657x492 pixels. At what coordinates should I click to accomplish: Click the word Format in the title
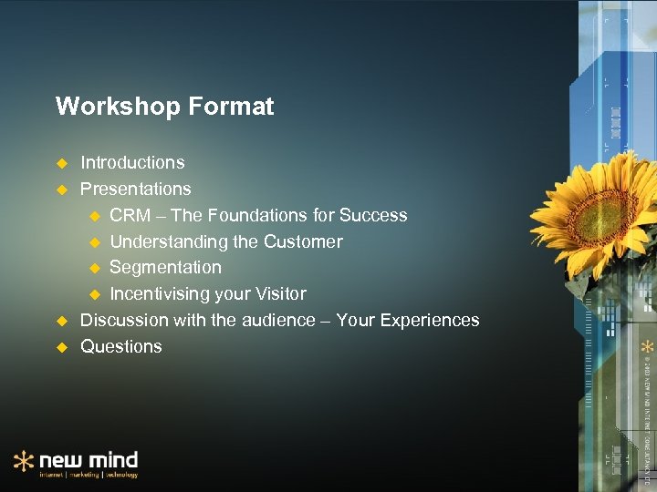click(232, 107)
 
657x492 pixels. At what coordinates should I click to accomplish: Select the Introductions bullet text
click(132, 163)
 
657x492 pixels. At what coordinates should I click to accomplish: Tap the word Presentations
click(135, 190)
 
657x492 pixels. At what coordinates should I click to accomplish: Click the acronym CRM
click(130, 216)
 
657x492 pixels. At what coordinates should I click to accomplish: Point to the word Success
click(373, 216)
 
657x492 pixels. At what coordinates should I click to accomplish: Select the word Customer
click(303, 242)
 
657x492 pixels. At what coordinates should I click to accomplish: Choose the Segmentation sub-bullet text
click(165, 268)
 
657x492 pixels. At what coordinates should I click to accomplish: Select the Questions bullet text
click(121, 347)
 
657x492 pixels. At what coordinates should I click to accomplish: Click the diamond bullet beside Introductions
click(62, 163)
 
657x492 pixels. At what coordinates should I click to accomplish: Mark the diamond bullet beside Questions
click(62, 347)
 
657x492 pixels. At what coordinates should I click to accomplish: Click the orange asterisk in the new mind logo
click(24, 462)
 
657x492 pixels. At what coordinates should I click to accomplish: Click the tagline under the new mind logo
click(88, 475)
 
